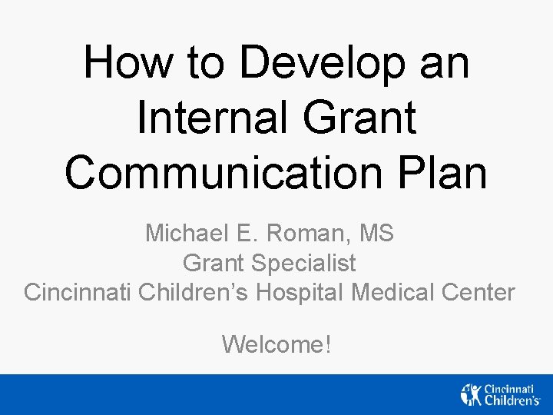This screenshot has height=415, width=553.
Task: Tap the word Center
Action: (479, 293)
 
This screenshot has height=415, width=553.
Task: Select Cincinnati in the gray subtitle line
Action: (78, 293)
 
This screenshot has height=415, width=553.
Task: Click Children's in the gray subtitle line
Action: (195, 293)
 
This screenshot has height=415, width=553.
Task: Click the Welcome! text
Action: (276, 344)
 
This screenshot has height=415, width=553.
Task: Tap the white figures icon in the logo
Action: (470, 393)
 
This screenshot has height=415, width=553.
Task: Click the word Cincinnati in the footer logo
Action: (511, 388)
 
